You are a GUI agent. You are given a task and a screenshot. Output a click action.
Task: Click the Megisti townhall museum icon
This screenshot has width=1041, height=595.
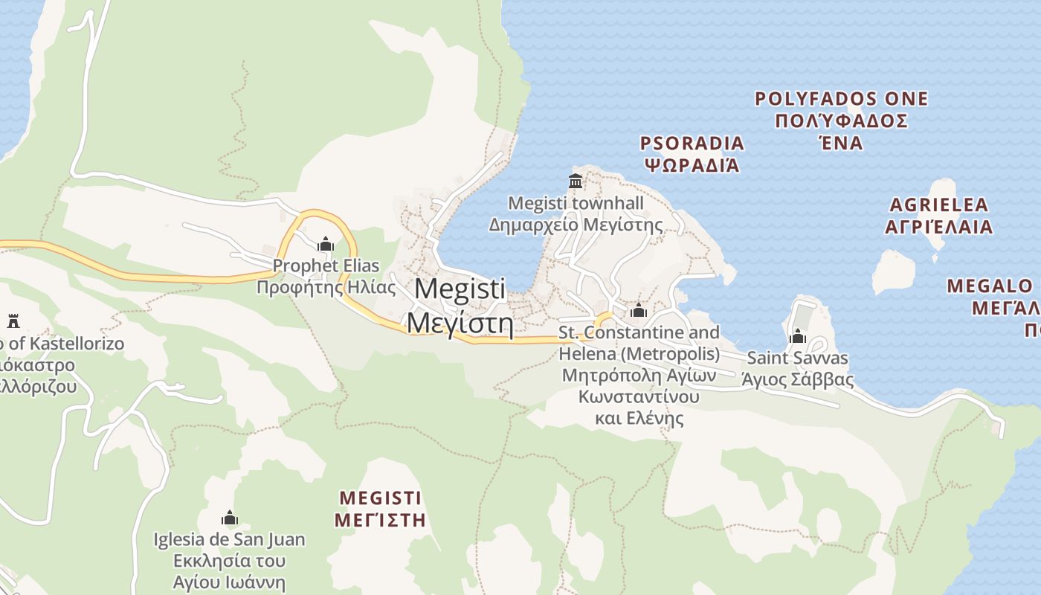tap(575, 181)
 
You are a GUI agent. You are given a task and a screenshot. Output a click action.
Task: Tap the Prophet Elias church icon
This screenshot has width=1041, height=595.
tap(325, 244)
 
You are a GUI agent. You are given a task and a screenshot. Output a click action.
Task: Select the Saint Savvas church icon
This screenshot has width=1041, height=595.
tap(798, 336)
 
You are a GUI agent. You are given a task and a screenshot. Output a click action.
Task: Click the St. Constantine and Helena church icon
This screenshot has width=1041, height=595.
tap(638, 310)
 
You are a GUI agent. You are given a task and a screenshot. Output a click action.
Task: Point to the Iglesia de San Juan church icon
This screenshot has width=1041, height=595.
tap(229, 518)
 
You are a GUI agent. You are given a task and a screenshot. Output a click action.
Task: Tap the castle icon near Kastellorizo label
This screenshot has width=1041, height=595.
tap(13, 321)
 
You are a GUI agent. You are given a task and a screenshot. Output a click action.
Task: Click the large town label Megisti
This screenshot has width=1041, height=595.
tap(460, 289)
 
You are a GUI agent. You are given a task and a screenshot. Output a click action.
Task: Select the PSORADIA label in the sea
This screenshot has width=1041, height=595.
tap(692, 143)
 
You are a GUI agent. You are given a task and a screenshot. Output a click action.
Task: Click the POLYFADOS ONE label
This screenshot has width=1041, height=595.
tap(841, 99)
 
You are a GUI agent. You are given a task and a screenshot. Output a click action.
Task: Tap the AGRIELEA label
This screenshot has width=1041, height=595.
tap(939, 205)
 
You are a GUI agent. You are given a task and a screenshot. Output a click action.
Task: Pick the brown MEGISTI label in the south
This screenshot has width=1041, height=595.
tap(380, 498)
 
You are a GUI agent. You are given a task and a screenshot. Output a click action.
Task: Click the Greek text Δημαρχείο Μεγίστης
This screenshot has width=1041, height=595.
tap(576, 224)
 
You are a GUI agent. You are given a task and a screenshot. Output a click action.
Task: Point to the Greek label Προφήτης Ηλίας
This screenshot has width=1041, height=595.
tap(318, 287)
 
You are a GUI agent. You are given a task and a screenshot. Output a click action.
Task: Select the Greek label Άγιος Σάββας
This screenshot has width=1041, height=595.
tap(797, 379)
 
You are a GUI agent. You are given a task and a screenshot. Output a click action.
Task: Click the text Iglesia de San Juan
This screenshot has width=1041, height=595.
tap(229, 539)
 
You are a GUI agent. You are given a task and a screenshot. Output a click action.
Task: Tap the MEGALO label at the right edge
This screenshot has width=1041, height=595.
tap(990, 286)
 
